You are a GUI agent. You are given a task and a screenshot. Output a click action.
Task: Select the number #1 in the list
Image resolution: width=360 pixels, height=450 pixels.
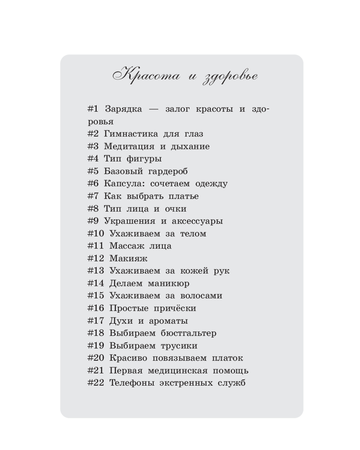click(93, 109)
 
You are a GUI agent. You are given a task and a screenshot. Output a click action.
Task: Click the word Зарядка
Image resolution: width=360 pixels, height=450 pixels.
click(123, 109)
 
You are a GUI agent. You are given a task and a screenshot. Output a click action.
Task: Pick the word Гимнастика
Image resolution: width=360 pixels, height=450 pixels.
click(131, 134)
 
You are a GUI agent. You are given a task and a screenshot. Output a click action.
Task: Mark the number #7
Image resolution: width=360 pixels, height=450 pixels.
click(93, 196)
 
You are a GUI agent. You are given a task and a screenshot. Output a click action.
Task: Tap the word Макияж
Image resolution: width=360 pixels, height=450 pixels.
click(128, 259)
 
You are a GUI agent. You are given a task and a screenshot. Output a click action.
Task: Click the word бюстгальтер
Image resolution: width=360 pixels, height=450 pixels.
click(189, 333)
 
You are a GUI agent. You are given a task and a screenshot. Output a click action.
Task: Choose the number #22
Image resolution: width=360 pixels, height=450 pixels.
click(95, 383)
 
